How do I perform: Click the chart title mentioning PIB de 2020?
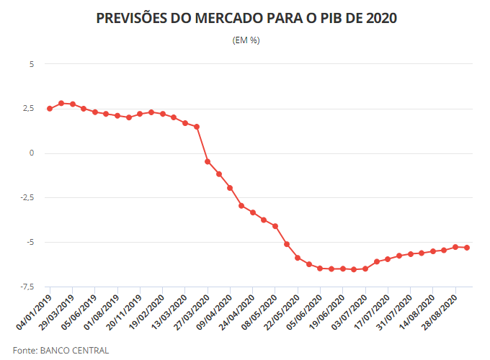pyautogui.click(x=246, y=17)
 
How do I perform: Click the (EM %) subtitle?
pyautogui.click(x=246, y=40)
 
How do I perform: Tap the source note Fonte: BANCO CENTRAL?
pyautogui.click(x=61, y=351)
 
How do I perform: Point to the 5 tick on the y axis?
pyautogui.click(x=31, y=64)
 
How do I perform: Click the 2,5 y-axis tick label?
pyautogui.click(x=27, y=109)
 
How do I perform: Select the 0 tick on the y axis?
pyautogui.click(x=31, y=153)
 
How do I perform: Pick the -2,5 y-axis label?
pyautogui.click(x=26, y=198)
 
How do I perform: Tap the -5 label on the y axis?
pyautogui.click(x=30, y=242)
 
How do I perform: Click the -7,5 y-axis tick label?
pyautogui.click(x=26, y=287)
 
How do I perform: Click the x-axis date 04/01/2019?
pyautogui.click(x=35, y=311)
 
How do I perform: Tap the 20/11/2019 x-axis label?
pyautogui.click(x=125, y=311)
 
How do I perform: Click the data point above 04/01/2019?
pyautogui.click(x=50, y=109)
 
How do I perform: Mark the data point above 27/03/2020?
pyautogui.click(x=208, y=161)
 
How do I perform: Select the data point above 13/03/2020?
pyautogui.click(x=197, y=127)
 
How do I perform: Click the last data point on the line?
pyautogui.click(x=467, y=248)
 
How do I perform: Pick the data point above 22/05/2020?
pyautogui.click(x=298, y=258)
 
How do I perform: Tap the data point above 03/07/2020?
pyautogui.click(x=365, y=269)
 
